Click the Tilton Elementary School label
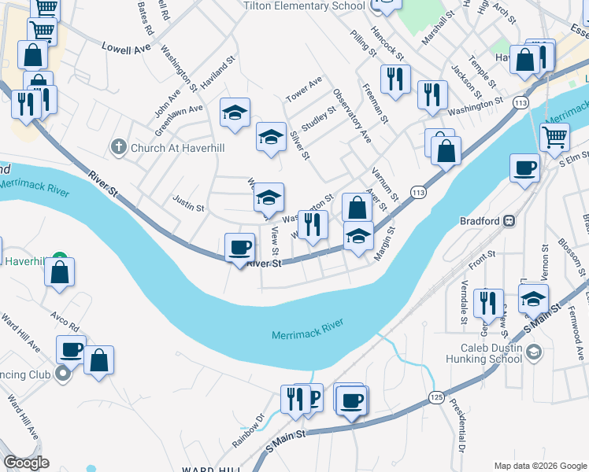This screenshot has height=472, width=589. pos(304,6)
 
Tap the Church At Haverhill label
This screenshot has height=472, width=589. pos(169,146)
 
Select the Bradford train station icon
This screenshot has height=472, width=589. pos(510,221)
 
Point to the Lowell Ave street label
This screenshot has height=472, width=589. pos(126,48)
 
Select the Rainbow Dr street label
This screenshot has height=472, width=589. pos(248,434)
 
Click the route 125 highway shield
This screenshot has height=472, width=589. pos(436,398)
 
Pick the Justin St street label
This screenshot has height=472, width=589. pos(188,208)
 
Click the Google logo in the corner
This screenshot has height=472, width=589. pos(26,463)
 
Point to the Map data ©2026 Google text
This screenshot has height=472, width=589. pos(540,466)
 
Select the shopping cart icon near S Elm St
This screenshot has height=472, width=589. pos(555,137)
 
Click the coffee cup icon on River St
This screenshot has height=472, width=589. pos(240,249)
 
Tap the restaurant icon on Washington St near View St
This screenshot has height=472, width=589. pos(313,226)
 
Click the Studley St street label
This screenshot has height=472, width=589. pos(318,120)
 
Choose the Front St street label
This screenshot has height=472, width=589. pos(481,254)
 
